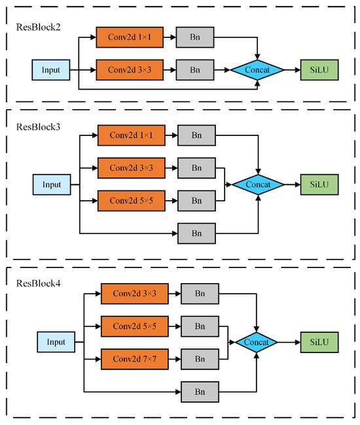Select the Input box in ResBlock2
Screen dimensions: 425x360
[51, 69]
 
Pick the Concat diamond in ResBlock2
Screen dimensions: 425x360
[258, 69]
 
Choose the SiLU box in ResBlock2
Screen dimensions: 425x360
[319, 69]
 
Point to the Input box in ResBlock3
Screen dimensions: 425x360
[52, 184]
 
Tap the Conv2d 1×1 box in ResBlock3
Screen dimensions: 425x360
[131, 137]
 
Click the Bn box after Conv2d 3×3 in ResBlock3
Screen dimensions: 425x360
[196, 168]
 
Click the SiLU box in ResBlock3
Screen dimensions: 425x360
[319, 184]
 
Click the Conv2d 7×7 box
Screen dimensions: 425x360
[134, 358]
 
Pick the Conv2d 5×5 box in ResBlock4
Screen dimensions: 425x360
[134, 326]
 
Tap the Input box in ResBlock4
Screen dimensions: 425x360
[56, 341]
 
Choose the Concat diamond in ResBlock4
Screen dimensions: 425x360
[257, 341]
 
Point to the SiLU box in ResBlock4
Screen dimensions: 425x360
[319, 341]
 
